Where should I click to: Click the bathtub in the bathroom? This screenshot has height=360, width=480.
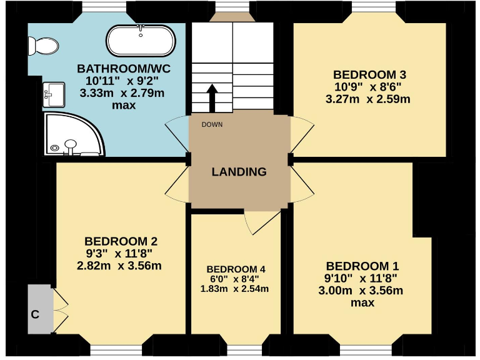[x=141, y=41]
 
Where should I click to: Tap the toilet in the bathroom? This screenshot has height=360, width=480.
[x=42, y=45]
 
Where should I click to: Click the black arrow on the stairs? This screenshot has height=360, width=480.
[x=212, y=97]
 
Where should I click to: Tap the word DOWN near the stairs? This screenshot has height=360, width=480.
[x=212, y=124]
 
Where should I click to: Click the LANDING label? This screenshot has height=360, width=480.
[x=239, y=172]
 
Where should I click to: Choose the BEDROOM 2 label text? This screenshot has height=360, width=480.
[x=121, y=241]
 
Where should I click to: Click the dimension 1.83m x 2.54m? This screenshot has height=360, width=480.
[x=234, y=289]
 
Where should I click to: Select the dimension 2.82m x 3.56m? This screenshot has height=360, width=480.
[x=119, y=265]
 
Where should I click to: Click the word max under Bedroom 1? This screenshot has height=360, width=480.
[x=362, y=302]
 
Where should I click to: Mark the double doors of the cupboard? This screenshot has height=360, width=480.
[x=59, y=306]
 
